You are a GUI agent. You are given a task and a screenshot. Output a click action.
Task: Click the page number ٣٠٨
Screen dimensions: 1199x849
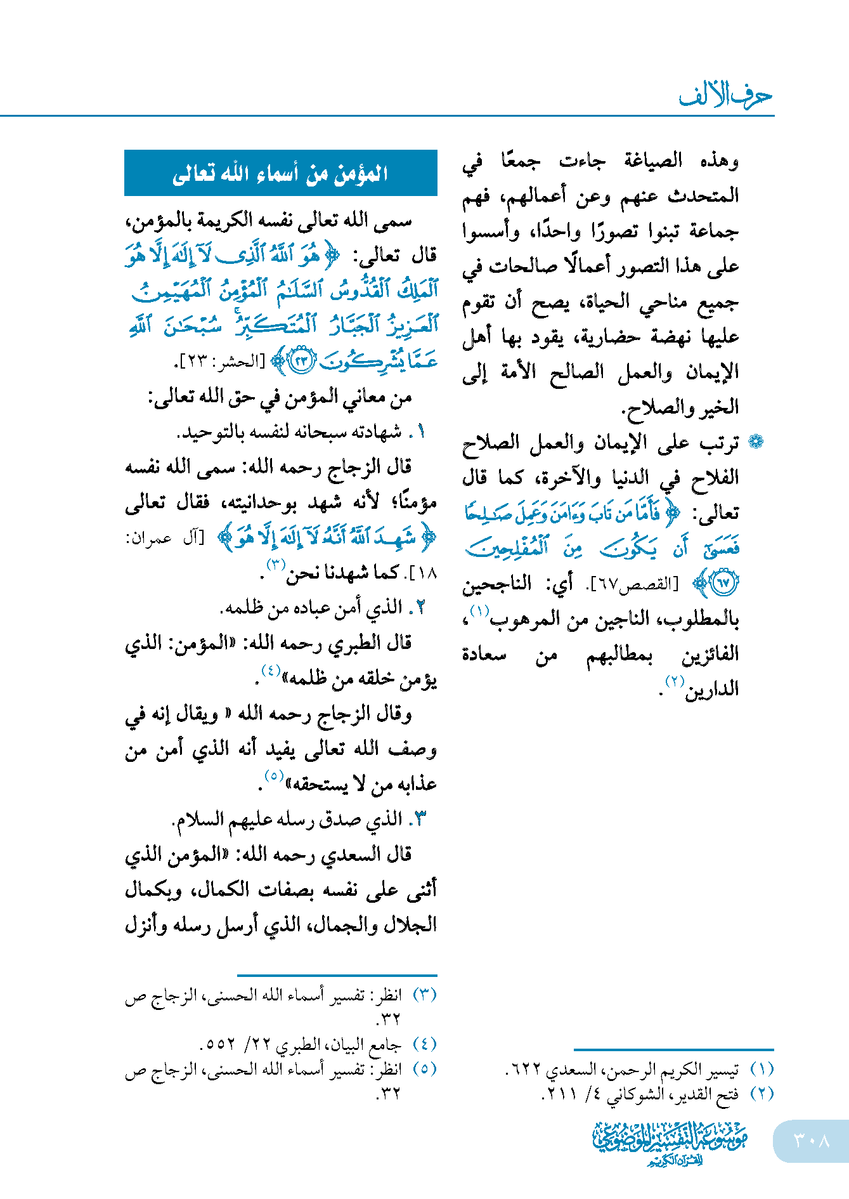click(812, 1141)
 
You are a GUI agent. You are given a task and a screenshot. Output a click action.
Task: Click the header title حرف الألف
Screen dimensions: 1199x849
click(725, 96)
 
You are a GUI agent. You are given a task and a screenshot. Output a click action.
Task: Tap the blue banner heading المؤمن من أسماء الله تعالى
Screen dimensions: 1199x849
click(280, 173)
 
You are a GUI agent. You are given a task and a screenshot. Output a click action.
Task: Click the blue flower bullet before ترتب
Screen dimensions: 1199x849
click(755, 442)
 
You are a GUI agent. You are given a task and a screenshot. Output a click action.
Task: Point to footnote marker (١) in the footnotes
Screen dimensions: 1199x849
click(762, 1069)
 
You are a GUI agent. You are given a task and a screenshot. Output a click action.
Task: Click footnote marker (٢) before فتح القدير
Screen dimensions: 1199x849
click(762, 1094)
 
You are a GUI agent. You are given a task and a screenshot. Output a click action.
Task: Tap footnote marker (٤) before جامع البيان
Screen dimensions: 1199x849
click(424, 1044)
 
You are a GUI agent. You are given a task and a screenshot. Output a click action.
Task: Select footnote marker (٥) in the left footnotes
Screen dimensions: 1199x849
click(424, 1069)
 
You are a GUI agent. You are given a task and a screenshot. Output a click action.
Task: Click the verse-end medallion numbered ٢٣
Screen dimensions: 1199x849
click(302, 361)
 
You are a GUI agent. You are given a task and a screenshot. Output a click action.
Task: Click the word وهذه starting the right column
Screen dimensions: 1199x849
click(720, 161)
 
